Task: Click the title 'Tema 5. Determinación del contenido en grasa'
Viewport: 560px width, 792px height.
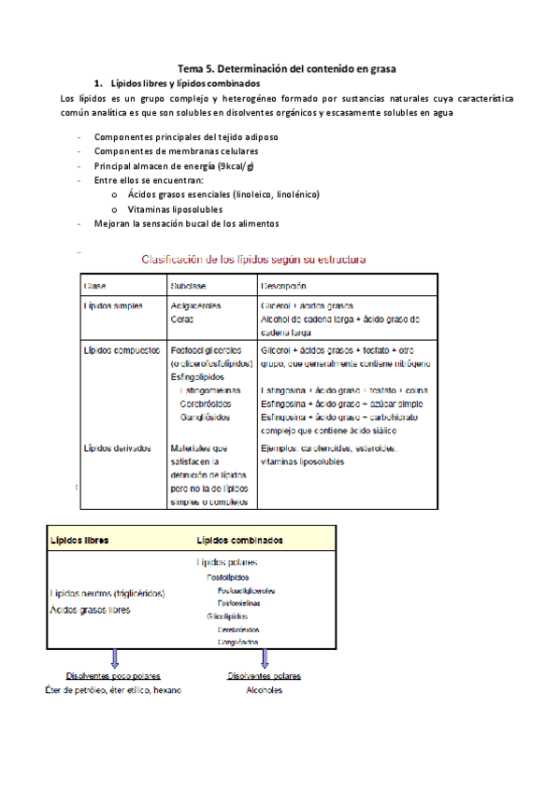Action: [x=288, y=68]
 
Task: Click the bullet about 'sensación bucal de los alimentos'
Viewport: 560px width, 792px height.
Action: [x=186, y=223]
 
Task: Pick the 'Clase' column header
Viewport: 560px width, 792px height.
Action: [x=95, y=286]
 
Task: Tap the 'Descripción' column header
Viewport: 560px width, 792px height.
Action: [x=284, y=286]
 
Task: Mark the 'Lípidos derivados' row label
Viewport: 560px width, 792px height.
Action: [x=117, y=448]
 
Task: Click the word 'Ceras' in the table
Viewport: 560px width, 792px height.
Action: [x=183, y=318]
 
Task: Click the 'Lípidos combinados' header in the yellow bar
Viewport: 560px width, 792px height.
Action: [x=240, y=540]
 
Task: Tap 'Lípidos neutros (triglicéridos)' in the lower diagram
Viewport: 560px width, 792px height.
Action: [x=108, y=593]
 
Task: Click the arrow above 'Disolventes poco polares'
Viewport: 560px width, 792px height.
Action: [x=114, y=659]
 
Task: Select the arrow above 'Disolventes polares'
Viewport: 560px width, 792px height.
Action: [x=265, y=659]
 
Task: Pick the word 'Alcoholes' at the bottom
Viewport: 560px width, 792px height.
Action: [x=265, y=690]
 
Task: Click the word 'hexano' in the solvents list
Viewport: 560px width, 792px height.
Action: [x=165, y=690]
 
